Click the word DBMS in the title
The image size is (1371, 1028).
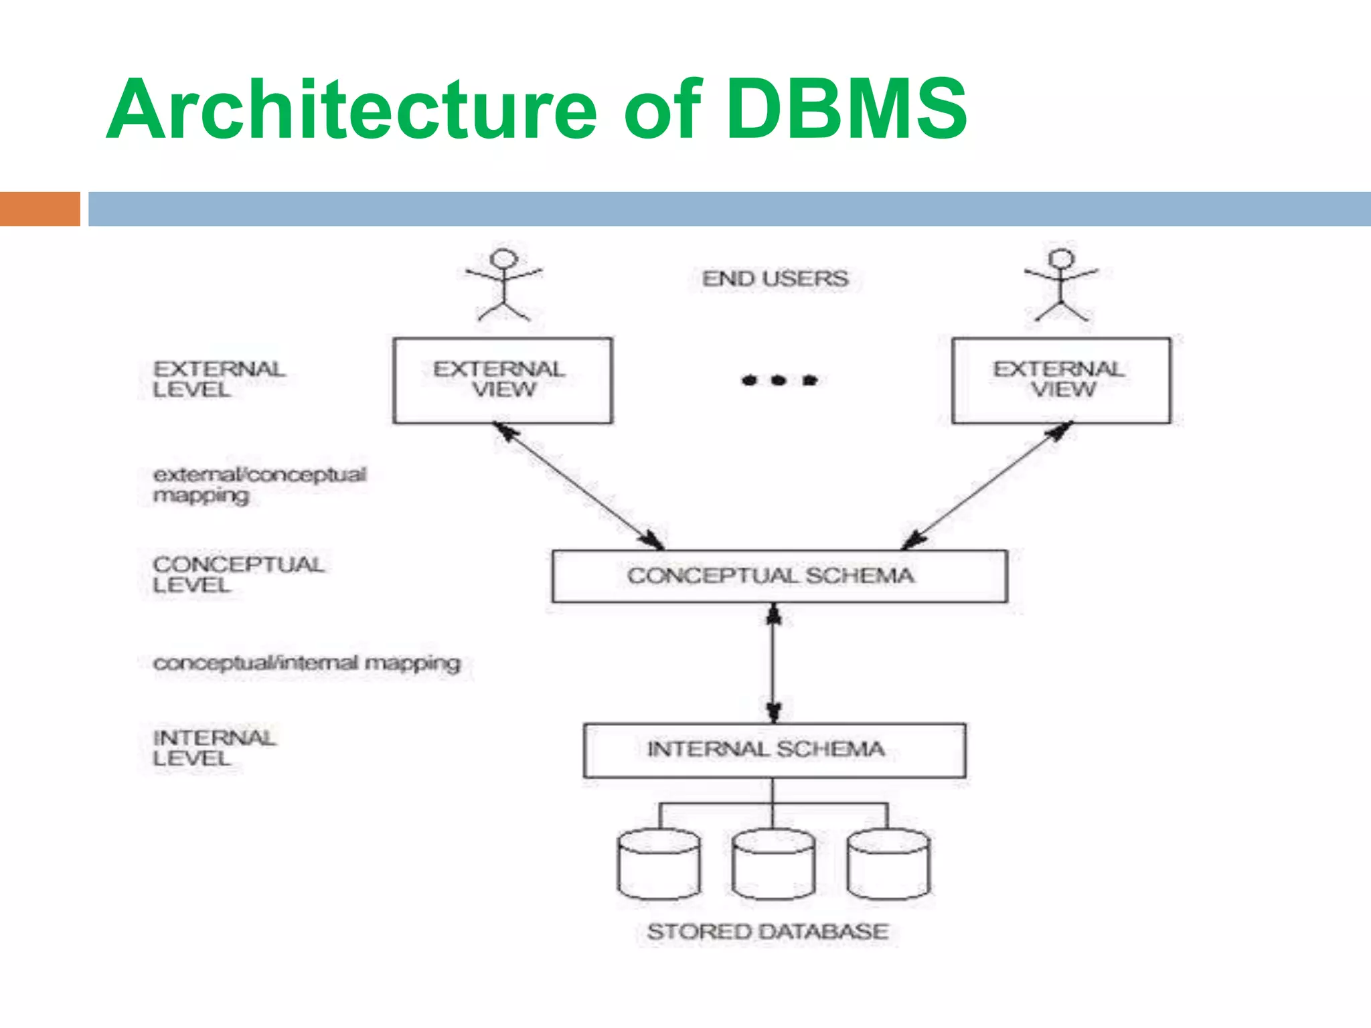point(846,109)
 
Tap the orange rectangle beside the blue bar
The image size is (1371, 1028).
point(39,209)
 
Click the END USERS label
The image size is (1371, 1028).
point(775,278)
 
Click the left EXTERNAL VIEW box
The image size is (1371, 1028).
point(503,380)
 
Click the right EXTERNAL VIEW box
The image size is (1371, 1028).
point(1061,380)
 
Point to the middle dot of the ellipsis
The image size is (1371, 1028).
point(778,380)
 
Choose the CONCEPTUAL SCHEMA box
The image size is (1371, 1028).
point(779,576)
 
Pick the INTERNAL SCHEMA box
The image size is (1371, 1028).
point(774,750)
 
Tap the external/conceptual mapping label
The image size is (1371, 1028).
point(258,485)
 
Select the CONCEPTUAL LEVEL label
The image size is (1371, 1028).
point(237,574)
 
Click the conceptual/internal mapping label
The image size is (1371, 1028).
point(307,663)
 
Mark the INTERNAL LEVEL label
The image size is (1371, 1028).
point(213,748)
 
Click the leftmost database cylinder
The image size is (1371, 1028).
point(659,865)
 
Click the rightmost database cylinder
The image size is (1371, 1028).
point(888,865)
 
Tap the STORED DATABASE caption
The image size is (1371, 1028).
point(767,932)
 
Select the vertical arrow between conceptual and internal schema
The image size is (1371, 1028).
point(774,663)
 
